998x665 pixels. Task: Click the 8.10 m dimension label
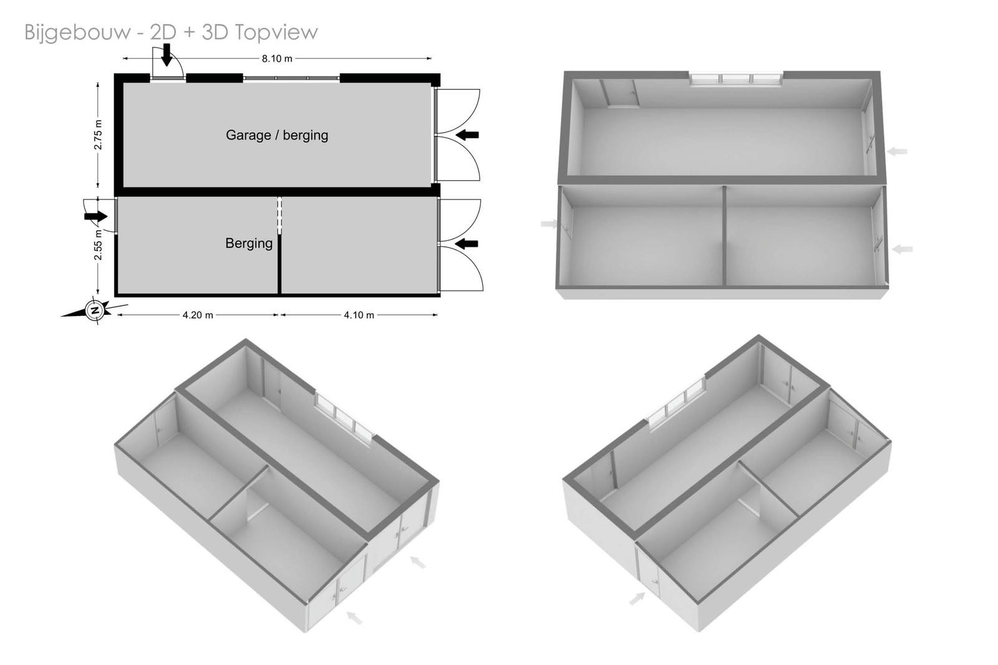(277, 59)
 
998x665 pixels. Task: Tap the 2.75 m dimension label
(99, 135)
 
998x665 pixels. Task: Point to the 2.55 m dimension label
(99, 245)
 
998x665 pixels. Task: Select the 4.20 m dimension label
(197, 315)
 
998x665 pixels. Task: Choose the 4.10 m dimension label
(359, 315)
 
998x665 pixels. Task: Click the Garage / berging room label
(277, 135)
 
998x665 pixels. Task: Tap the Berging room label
(249, 243)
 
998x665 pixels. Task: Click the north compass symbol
(94, 309)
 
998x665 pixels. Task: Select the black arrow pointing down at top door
(166, 55)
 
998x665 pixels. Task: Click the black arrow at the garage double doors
(467, 135)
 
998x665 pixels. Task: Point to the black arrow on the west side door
(96, 216)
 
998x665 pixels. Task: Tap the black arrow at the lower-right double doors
(467, 244)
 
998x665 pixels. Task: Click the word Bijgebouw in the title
(78, 32)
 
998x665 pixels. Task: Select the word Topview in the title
(276, 32)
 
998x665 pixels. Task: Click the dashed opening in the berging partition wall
(279, 216)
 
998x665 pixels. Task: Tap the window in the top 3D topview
(736, 79)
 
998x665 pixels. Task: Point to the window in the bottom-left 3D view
(344, 417)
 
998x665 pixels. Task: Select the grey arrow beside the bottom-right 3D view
(637, 598)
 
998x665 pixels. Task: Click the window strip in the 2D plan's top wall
(291, 79)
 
